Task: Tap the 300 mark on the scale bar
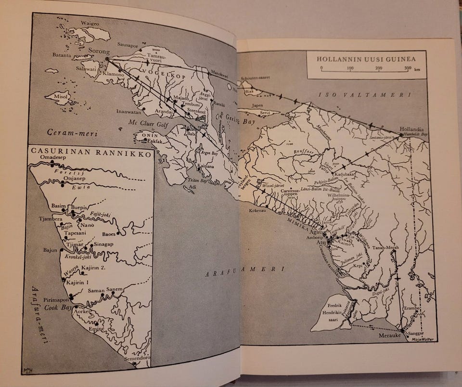408,68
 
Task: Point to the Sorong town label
100,51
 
